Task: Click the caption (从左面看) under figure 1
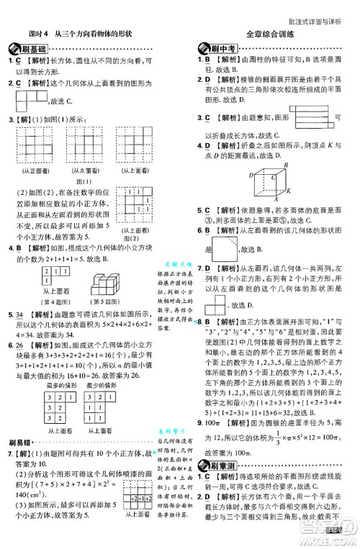pyautogui.click(x=85, y=171)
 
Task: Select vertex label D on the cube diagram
pyautogui.click(x=253, y=175)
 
